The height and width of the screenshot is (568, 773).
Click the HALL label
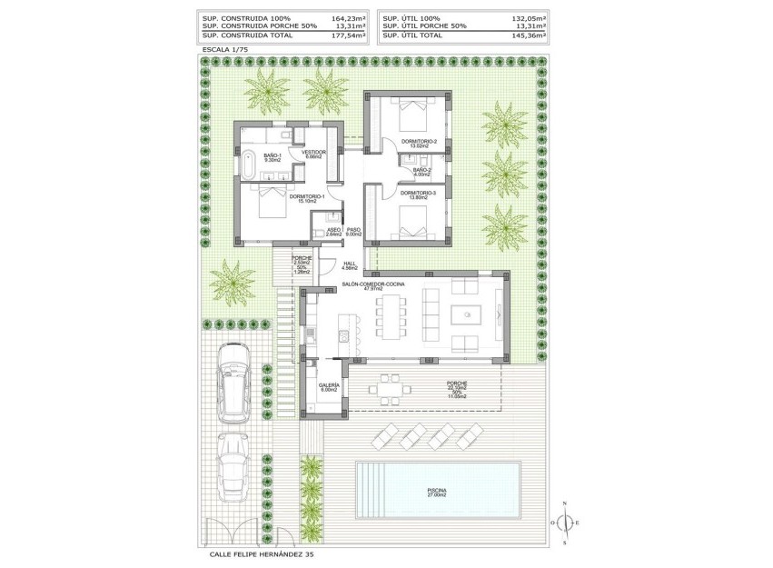350,265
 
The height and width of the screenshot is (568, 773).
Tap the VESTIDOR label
314,153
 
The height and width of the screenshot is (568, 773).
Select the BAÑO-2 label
421,171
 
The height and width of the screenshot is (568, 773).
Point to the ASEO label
333,231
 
